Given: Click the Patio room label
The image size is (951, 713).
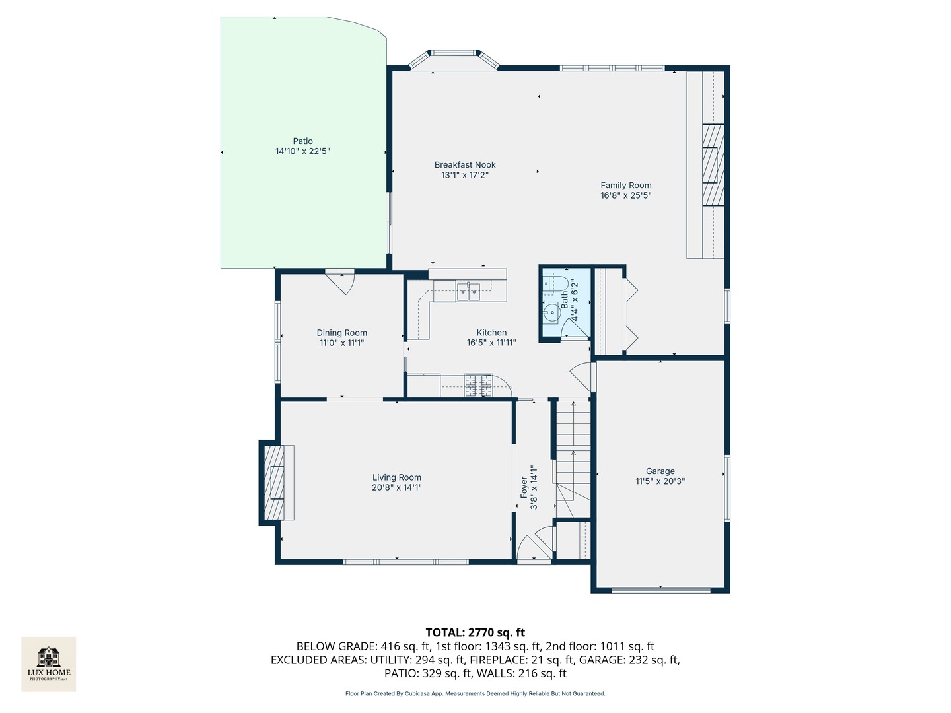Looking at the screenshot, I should (302, 141).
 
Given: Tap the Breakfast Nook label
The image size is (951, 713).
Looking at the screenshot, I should (465, 165).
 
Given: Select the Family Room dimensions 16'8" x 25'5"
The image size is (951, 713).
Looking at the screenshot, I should (625, 195).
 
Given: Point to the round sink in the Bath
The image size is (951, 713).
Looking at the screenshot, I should (550, 312).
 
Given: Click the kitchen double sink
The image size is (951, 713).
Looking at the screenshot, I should (468, 290).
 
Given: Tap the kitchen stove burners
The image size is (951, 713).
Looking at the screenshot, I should (478, 386).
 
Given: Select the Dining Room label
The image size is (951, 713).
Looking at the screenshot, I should (341, 333).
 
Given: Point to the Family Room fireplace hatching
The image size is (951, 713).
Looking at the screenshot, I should (711, 165).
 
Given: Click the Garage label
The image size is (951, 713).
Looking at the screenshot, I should (660, 471).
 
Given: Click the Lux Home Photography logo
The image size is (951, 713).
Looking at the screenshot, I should (49, 663).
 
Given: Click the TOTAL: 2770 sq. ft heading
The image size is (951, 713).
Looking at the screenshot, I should (475, 632).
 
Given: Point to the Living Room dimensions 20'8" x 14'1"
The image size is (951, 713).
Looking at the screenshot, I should (396, 488).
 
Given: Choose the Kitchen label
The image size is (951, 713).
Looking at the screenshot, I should (491, 333).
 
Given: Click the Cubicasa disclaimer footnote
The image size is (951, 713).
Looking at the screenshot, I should (475, 693).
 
